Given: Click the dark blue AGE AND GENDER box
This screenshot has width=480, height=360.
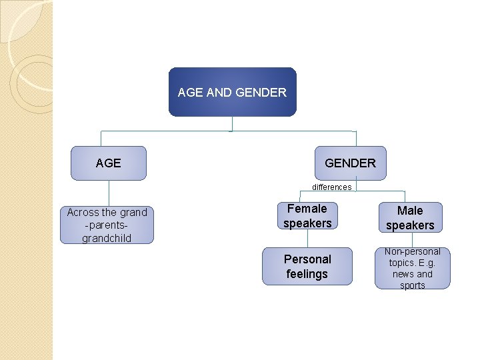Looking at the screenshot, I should tap(232, 92).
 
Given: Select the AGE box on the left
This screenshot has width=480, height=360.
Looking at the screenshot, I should tap(109, 163).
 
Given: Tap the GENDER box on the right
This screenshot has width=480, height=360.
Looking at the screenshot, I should tap(350, 163).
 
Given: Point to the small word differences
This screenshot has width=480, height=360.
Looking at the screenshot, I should tap(331, 187).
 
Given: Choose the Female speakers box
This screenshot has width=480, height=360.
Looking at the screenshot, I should tap(307, 216).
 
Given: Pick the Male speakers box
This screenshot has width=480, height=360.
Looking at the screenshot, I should tap(409, 218).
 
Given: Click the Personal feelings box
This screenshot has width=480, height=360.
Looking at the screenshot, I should tap(307, 267).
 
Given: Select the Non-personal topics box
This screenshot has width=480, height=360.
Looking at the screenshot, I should tap(412, 268).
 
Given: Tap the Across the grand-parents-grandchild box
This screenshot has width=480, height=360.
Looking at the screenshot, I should tap(107, 225).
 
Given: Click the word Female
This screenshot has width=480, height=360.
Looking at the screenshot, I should tap(307, 209).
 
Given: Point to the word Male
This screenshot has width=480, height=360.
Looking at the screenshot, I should tap(409, 211).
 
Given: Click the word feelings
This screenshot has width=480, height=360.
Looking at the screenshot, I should tap(307, 274).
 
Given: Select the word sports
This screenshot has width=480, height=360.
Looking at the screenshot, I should tap(412, 285).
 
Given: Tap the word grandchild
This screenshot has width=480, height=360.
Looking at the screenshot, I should tap(107, 238).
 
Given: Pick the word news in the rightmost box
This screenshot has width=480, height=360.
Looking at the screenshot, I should tap(403, 274).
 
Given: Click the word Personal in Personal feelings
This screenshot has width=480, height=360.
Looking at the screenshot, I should tap(307, 259).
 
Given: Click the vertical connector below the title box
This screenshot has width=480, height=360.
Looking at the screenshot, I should tap(231, 123).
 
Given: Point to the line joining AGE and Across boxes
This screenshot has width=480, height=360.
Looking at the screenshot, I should tap(109, 193).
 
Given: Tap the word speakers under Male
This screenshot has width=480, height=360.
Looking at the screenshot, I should tap(409, 225).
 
